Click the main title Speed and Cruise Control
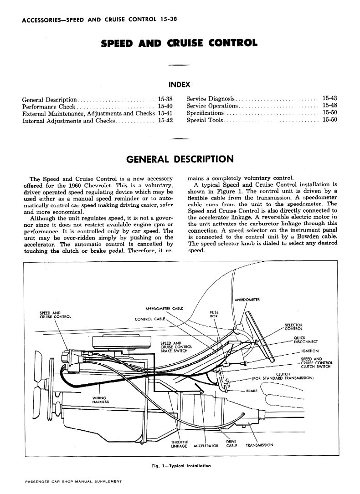point(179,43)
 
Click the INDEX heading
point(180,85)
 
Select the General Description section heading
point(180,159)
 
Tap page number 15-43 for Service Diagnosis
point(329,98)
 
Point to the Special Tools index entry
point(205,120)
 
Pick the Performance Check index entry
point(49,107)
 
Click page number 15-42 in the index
point(165,120)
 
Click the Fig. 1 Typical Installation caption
point(181,466)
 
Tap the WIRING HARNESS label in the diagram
point(101,400)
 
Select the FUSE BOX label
point(214,315)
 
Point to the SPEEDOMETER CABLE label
point(164,308)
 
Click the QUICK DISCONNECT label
point(305,340)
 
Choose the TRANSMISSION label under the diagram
point(259,445)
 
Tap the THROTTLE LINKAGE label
point(179,444)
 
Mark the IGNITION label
point(310,351)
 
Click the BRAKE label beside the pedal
point(252,391)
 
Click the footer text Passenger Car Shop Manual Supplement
point(73,481)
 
